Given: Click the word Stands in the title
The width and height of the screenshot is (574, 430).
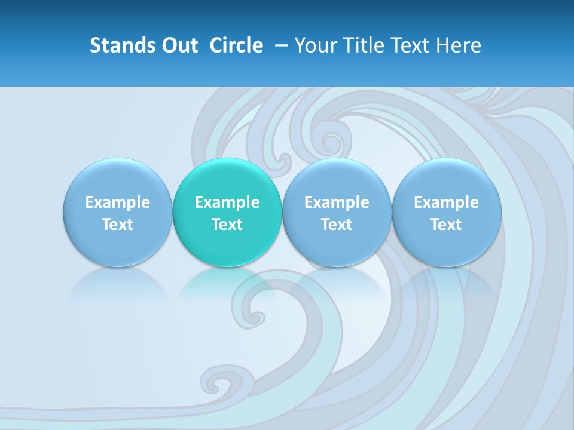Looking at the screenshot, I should (114, 45).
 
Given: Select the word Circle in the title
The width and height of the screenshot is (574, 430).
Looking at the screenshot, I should (236, 45).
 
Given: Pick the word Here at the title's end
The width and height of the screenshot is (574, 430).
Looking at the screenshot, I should (458, 45).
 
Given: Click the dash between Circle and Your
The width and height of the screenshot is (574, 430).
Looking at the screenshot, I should (279, 45).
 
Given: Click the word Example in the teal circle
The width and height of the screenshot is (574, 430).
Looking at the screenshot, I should (227, 202).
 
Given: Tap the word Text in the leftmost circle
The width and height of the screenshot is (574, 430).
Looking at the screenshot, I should (117, 225).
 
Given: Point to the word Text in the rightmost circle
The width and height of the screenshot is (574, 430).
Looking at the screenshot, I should (446, 225).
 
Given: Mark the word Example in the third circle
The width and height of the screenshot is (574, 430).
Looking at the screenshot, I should (337, 202).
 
